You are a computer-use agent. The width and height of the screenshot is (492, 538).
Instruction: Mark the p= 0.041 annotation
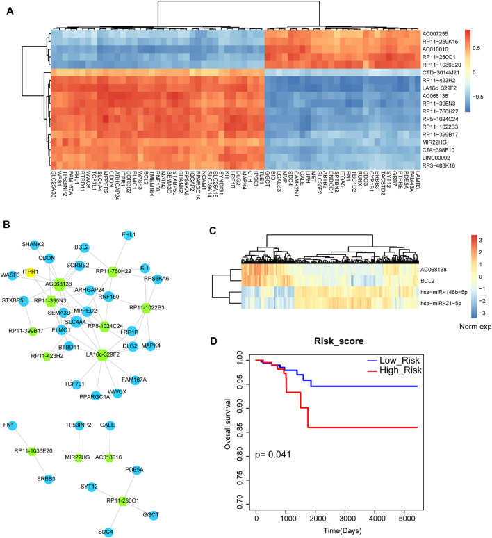tap(282, 455)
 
